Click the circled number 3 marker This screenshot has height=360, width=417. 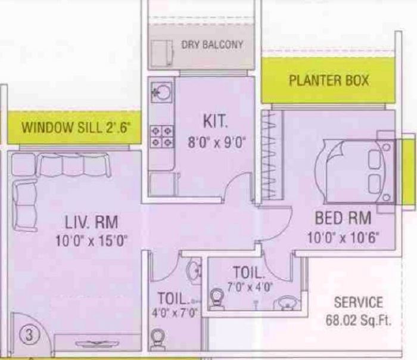[29, 335]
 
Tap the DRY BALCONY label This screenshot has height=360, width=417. [212, 45]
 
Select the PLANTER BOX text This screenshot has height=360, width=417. [329, 80]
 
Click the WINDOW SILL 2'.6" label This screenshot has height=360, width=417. [76, 127]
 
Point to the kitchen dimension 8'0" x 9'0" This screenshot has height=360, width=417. [216, 142]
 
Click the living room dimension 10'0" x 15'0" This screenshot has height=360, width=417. [92, 241]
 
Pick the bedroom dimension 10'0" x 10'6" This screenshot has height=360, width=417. [343, 237]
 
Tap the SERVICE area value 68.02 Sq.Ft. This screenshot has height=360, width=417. [359, 321]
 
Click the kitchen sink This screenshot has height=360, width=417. [161, 92]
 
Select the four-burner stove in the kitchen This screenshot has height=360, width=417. [161, 136]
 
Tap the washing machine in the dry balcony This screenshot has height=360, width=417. [162, 52]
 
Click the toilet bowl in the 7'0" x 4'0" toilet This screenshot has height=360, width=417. [218, 299]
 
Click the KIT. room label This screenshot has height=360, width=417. [216, 121]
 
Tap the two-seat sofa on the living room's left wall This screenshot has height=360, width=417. [25, 205]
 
